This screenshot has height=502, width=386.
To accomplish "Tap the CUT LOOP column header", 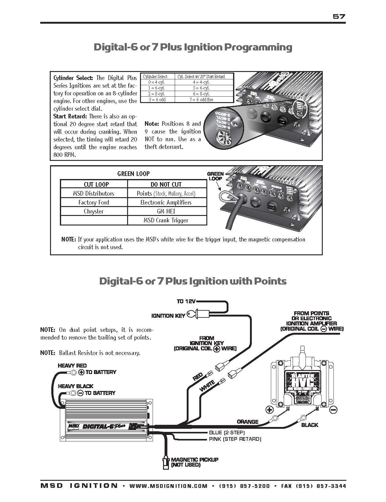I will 96,185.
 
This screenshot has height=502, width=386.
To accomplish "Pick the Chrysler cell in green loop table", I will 94,211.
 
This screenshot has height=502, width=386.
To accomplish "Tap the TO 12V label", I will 186,301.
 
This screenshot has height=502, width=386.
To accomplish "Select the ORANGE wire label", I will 248,422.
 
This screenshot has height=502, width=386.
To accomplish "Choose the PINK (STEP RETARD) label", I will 235,439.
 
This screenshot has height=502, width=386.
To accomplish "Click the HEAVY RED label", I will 72,365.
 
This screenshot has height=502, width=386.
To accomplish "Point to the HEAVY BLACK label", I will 76,386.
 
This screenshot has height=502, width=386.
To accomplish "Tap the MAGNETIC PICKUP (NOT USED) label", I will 194,462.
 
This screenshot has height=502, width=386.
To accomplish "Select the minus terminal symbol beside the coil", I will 334,410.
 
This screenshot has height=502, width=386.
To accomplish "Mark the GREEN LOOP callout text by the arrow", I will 215,176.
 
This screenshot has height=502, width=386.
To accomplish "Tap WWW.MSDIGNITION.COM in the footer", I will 168,486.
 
